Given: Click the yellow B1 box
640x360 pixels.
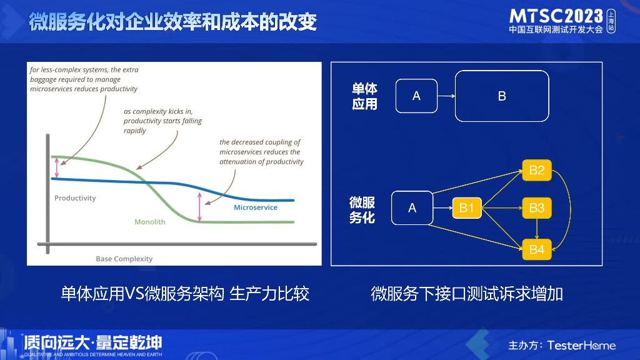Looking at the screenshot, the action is [467, 207].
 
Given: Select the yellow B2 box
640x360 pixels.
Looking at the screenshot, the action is [537, 170].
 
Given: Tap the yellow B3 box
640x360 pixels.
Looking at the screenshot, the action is [537, 207].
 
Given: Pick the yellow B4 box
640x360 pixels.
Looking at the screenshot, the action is [537, 249].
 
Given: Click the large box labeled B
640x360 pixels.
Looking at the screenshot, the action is [502, 96].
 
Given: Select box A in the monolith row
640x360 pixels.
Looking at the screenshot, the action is [416, 96].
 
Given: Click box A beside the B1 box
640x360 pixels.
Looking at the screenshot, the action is [412, 207].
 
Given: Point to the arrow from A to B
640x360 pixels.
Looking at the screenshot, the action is [446, 96].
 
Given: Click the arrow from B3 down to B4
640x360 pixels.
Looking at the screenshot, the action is [537, 229].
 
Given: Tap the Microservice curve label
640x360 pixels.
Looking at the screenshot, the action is [256, 207].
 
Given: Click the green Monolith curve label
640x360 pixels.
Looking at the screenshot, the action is [150, 222].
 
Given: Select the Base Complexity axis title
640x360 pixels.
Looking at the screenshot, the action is [124, 259].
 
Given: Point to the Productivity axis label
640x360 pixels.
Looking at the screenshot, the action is [75, 198].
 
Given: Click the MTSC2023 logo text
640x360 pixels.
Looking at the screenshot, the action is [556, 16].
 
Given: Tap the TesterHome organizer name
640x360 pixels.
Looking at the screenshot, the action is [581, 345].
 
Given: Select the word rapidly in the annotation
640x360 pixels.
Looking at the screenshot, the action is [135, 131].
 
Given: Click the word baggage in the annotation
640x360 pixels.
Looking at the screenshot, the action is [42, 79].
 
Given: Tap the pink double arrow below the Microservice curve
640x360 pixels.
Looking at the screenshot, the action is [199, 206].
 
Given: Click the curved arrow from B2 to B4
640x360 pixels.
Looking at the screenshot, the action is [570, 210].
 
